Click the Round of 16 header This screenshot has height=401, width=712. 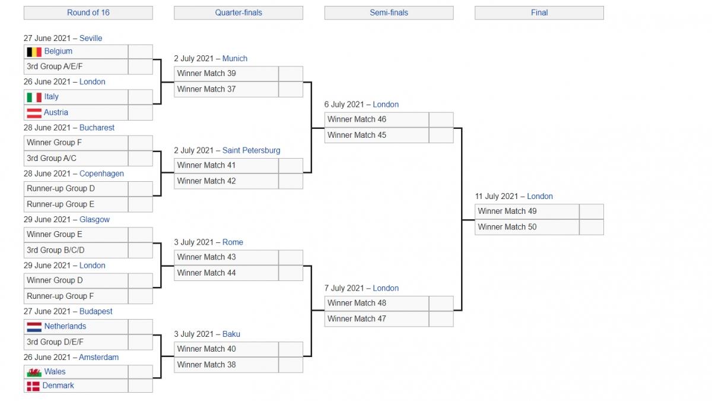[88, 12]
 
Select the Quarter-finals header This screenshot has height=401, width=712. [239, 12]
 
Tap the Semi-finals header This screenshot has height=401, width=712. [389, 12]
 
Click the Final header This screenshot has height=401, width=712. [539, 12]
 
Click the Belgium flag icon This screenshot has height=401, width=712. [34, 52]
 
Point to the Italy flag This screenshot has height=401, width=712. [34, 97]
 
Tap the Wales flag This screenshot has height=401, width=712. [34, 372]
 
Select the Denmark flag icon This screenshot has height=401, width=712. [33, 386]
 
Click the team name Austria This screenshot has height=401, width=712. [56, 112]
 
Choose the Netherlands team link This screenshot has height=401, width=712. [65, 326]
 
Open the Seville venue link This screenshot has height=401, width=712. [91, 38]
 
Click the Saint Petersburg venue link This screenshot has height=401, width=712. [251, 150]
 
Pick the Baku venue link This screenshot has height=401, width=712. [231, 334]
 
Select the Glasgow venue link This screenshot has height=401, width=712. [94, 219]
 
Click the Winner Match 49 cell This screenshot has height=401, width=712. [527, 211]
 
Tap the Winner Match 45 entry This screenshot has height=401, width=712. [377, 135]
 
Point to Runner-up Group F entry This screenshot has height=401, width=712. [76, 296]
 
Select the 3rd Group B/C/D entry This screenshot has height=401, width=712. [76, 250]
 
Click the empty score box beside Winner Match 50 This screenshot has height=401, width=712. [592, 227]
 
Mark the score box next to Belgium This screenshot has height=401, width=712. [141, 52]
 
